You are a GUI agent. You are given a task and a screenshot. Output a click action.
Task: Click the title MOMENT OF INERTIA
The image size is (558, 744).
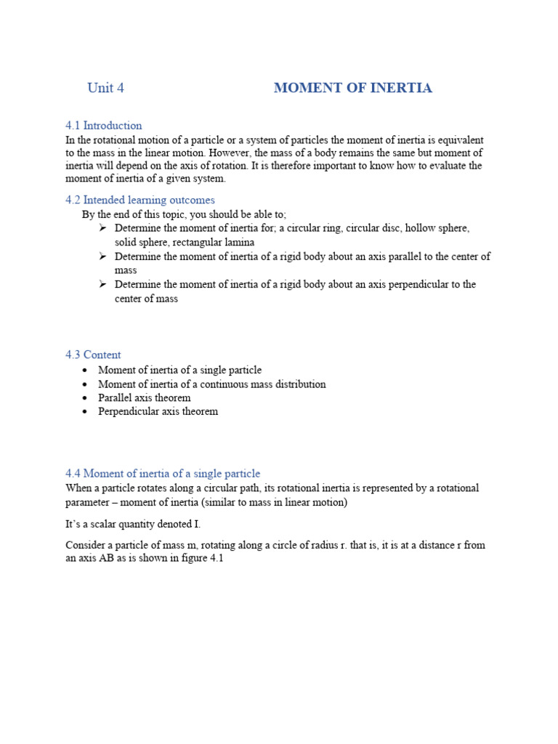click(x=352, y=88)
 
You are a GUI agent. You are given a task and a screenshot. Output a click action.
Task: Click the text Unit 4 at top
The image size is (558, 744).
click(x=105, y=88)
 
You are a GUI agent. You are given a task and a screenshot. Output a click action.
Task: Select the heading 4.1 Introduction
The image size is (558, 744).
click(x=104, y=125)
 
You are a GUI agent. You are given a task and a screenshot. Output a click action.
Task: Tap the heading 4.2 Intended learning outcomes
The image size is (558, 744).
click(x=140, y=200)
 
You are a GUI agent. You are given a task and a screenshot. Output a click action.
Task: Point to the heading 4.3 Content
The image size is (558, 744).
click(x=93, y=355)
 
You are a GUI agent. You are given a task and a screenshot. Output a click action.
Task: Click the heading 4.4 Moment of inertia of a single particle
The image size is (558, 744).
click(x=163, y=474)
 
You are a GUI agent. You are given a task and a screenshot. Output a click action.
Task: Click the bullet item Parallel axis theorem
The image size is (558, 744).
click(x=145, y=397)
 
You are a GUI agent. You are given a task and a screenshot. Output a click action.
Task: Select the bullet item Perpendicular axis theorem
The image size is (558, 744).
click(x=158, y=411)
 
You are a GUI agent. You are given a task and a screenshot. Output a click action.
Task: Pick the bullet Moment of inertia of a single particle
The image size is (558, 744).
click(x=179, y=370)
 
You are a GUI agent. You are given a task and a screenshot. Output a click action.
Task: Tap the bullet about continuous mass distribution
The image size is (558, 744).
click(x=211, y=384)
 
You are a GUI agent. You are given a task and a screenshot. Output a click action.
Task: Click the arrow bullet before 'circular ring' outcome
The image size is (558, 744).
click(x=102, y=228)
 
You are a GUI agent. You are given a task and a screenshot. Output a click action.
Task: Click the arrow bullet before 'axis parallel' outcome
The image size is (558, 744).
click(x=102, y=256)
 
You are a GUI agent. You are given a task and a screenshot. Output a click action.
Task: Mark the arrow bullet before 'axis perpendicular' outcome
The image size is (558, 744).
click(x=102, y=284)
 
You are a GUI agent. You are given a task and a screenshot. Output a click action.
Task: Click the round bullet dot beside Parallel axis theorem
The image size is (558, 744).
click(x=85, y=398)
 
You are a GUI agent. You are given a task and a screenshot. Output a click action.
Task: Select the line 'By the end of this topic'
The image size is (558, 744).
click(x=184, y=214)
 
